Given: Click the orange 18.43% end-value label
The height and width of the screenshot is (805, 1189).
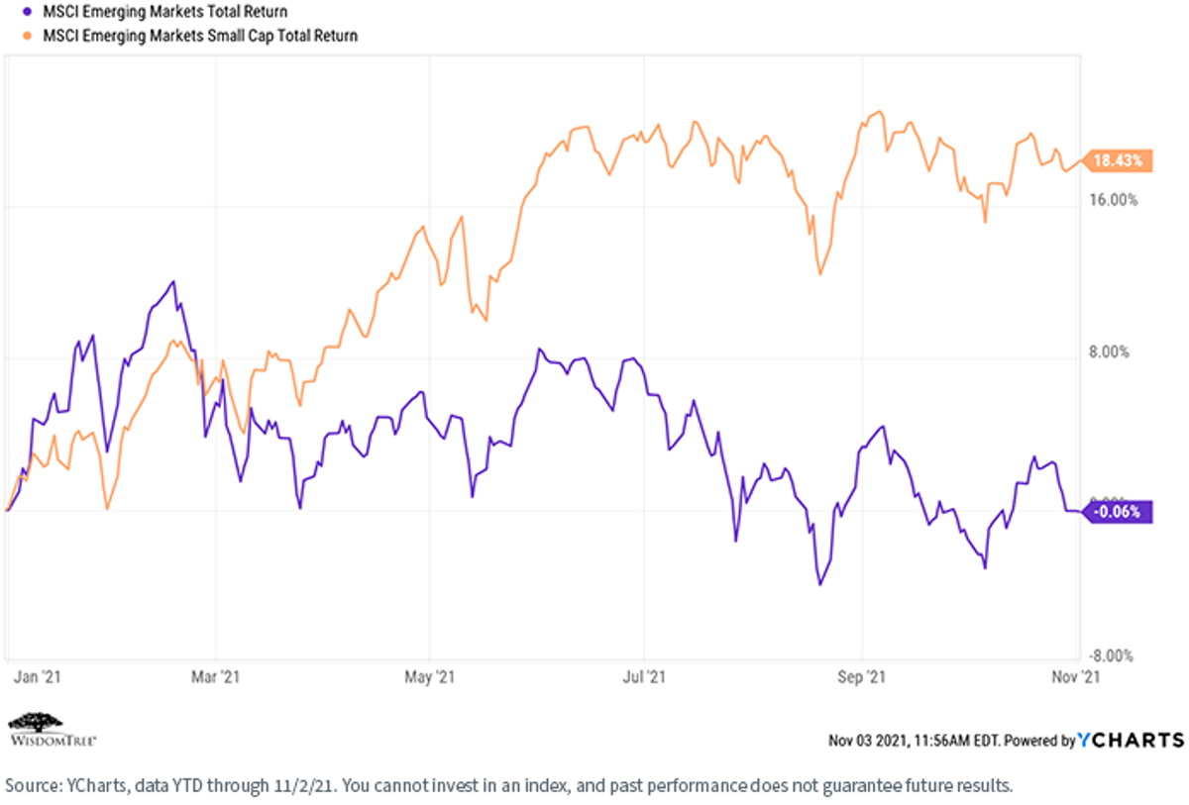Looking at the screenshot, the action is coord(1117,160).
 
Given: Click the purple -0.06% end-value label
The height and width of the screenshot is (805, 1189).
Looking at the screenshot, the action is coord(1117,512).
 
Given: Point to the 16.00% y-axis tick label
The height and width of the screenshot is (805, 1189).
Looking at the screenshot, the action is coord(1114,200).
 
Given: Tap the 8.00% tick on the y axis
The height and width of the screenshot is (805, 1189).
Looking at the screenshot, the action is coord(1110,352).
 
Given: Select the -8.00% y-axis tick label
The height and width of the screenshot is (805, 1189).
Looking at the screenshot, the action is coord(1111,656).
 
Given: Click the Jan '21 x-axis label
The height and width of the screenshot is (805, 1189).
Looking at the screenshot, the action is coord(38,677).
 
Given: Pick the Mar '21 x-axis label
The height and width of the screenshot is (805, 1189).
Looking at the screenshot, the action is coord(216,677).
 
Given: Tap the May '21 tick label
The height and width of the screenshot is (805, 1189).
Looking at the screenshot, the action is coord(429,677).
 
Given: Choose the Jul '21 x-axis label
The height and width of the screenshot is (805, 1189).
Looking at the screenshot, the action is coord(644,677).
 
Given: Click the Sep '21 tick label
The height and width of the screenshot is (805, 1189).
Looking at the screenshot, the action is coord(861,677).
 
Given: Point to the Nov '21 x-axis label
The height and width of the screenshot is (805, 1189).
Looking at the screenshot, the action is coord(1076,677).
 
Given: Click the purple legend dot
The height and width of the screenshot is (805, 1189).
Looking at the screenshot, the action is coord(28,11).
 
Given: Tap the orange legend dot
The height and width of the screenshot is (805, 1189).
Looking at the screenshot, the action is coord(28,36).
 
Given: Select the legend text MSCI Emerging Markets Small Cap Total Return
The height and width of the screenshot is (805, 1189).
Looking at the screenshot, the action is coord(200,36).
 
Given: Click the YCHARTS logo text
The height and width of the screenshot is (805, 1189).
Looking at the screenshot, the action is coord(1131,740).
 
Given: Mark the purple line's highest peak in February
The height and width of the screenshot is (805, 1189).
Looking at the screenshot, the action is coord(173,281).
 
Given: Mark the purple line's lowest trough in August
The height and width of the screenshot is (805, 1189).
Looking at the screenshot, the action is coord(820,584).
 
